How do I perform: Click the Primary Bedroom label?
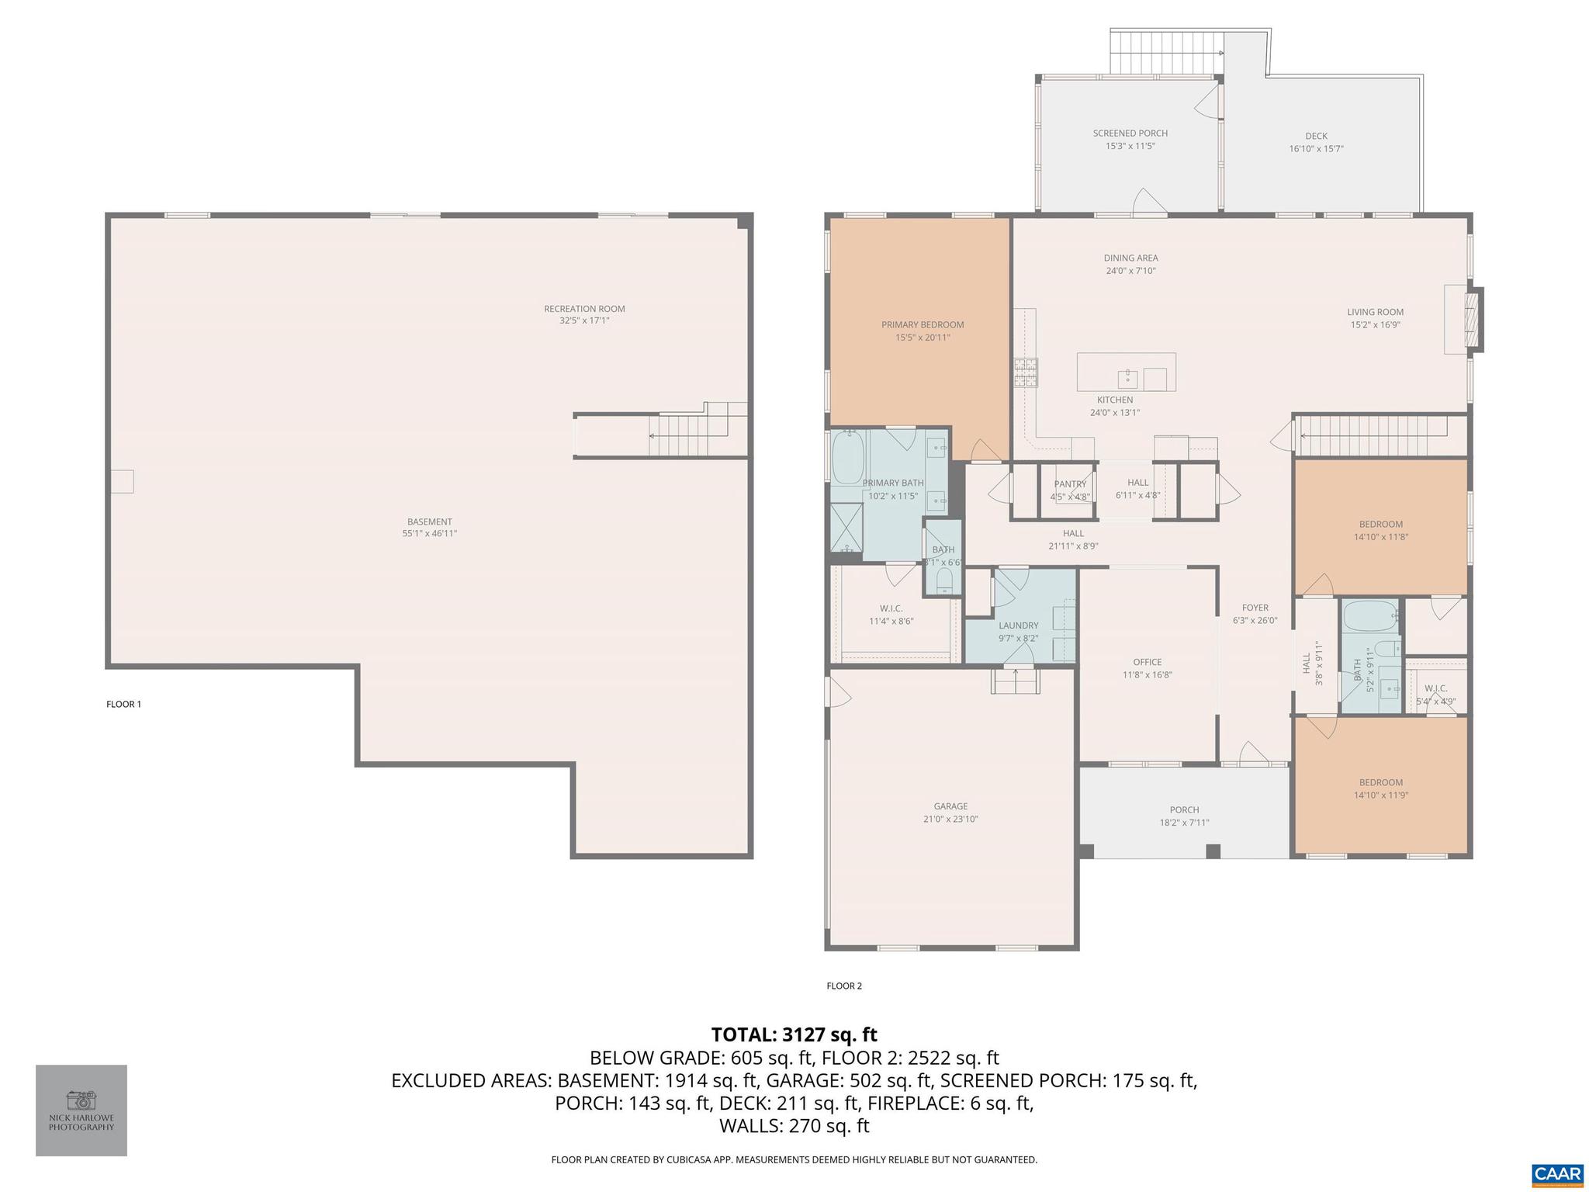(922, 325)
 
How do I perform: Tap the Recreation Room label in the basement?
(583, 309)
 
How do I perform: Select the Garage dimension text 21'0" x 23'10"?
(950, 819)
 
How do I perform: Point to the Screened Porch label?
(1130, 133)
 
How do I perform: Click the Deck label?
(1316, 136)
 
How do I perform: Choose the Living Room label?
(1375, 313)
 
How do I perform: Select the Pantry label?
(1070, 484)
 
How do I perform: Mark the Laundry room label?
(1018, 625)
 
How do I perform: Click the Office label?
(1147, 662)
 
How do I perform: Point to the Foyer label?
(1255, 608)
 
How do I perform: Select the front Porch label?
(1184, 810)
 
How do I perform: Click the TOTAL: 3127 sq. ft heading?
(794, 1034)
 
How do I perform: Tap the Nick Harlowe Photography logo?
(81, 1110)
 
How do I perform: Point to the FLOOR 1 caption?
(123, 705)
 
